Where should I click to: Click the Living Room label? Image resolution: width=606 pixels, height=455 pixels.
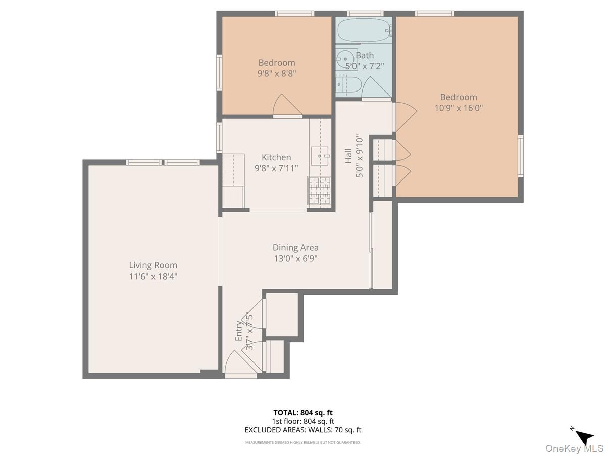tap(153, 265)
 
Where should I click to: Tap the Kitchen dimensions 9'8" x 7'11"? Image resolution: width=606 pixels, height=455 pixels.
tap(276, 168)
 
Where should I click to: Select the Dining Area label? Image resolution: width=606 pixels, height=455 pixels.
tap(295, 247)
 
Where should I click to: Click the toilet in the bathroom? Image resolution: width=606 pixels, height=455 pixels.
tap(349, 84)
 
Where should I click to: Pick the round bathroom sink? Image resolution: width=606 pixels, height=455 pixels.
tap(346, 57)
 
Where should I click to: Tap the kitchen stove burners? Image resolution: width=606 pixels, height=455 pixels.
tap(319, 191)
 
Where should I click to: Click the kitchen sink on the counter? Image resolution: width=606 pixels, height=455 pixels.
tap(320, 156)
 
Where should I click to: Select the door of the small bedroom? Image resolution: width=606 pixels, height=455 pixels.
tap(286, 106)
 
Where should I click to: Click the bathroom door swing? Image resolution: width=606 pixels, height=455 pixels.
tap(375, 88)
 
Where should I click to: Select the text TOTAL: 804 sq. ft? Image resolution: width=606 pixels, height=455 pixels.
tap(303, 412)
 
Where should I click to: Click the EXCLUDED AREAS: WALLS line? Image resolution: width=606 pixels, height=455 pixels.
tap(303, 430)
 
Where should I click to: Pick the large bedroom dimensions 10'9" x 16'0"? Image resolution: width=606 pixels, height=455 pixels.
tap(459, 108)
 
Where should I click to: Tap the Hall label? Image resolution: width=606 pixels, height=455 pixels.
tap(348, 155)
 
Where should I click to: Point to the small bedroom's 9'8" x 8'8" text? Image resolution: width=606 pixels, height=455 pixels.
tap(276, 73)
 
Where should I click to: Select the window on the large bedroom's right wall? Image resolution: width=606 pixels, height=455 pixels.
tap(520, 155)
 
